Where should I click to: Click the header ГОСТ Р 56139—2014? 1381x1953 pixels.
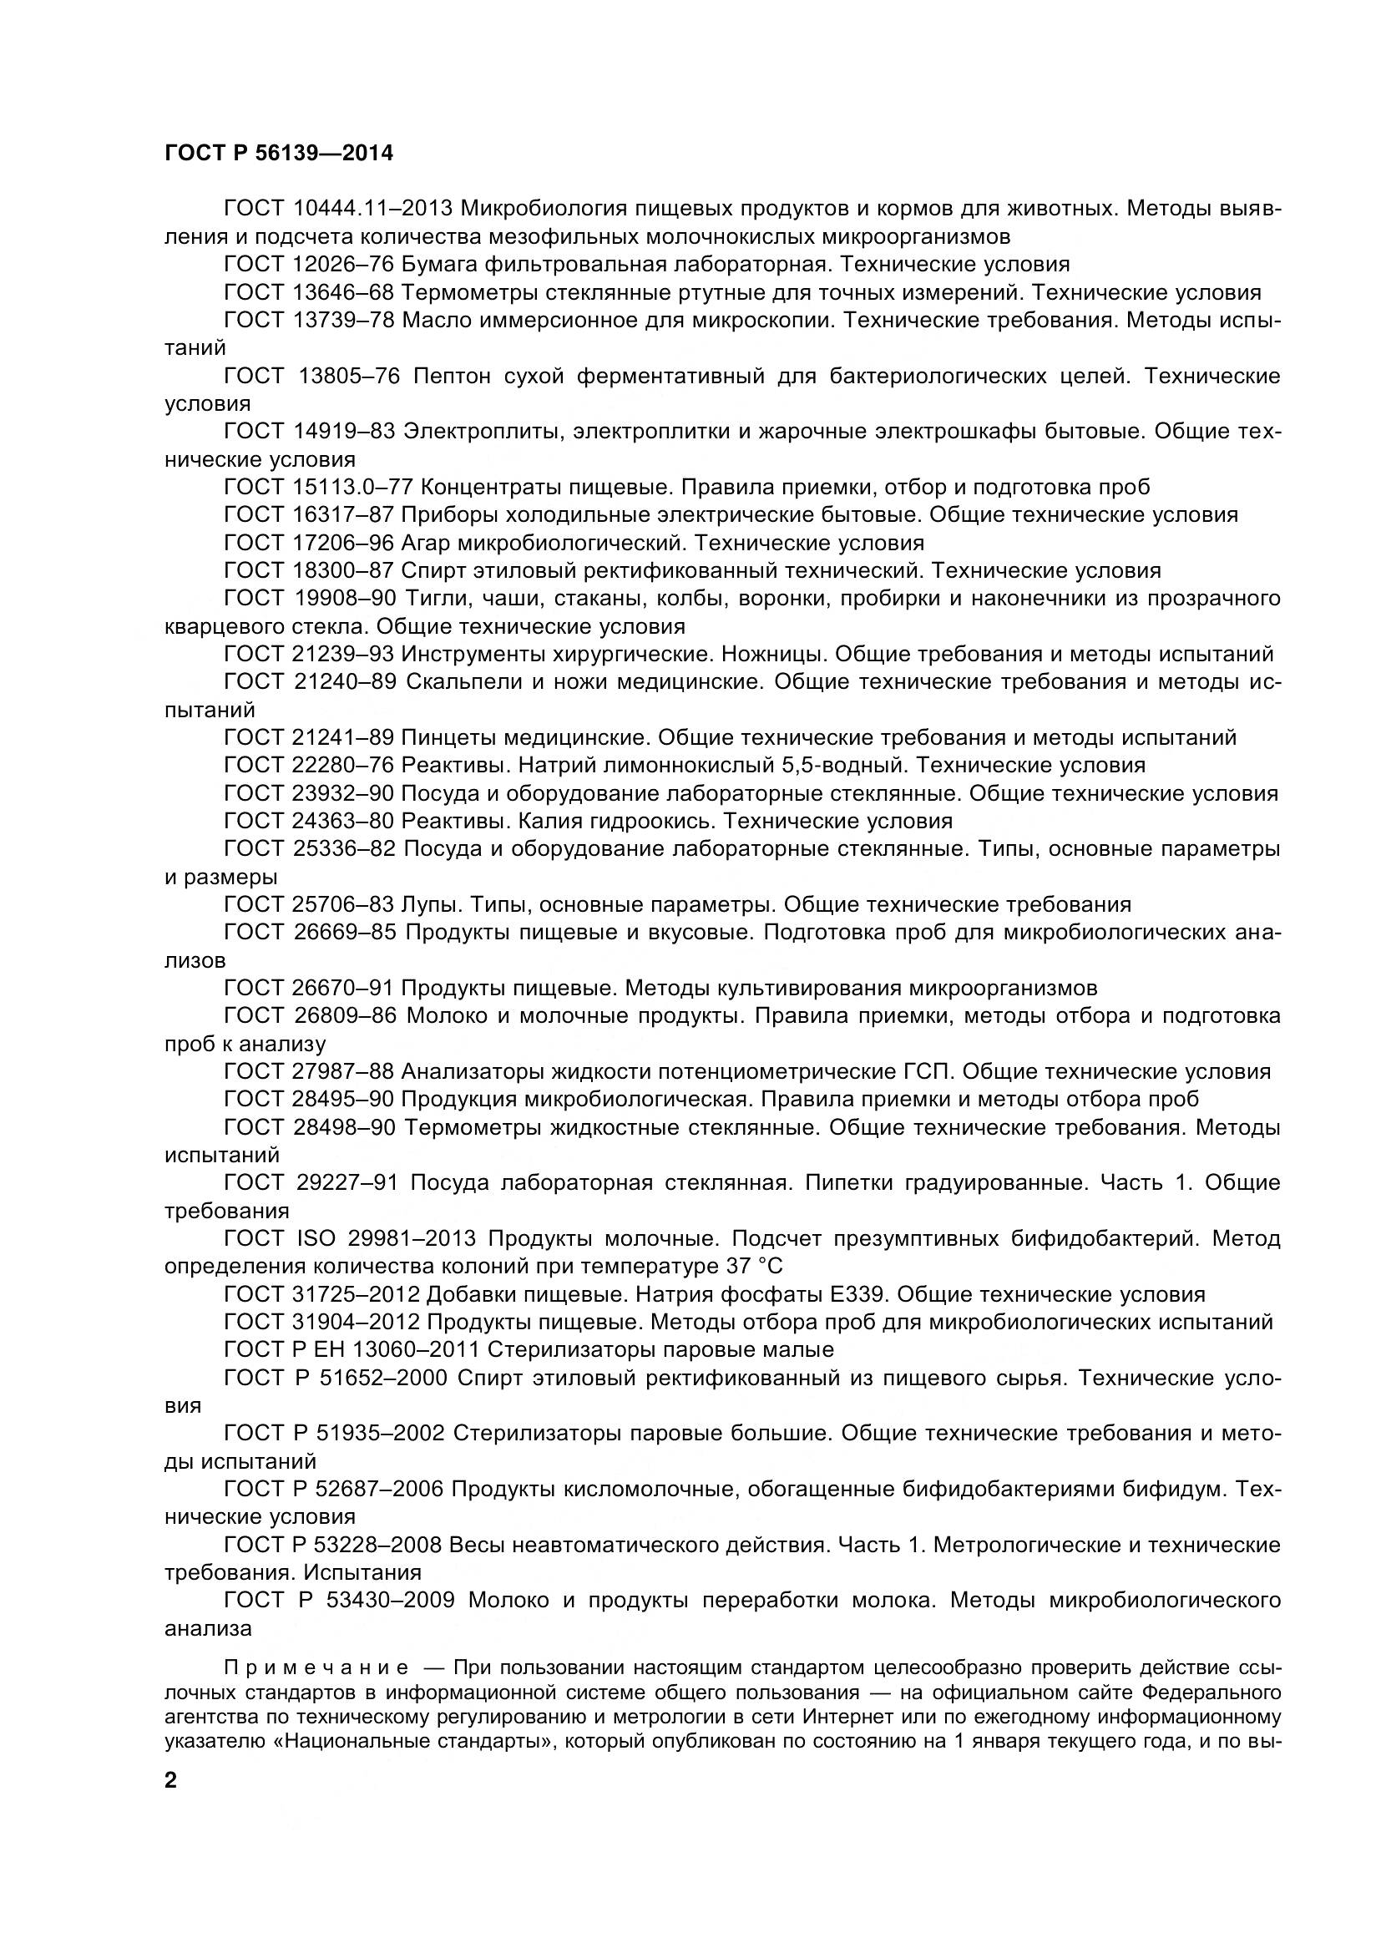coord(279,154)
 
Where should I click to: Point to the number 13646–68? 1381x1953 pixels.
coord(343,292)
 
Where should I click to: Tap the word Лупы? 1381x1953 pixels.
coord(432,904)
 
